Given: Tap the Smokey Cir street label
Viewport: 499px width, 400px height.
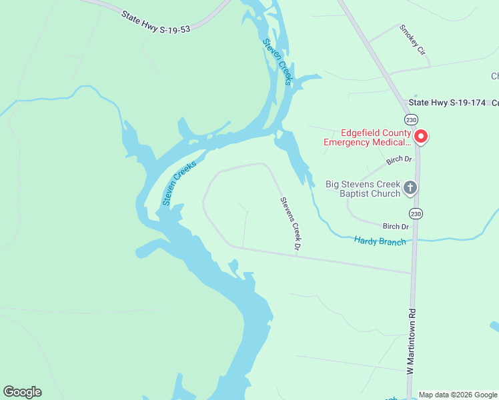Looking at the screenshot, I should coord(412,40).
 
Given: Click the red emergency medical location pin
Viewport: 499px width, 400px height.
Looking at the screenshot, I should coord(421,137).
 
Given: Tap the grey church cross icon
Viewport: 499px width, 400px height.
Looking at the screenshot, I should coord(410,187).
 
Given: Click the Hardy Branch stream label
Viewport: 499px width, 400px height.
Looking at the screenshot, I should coord(380,241).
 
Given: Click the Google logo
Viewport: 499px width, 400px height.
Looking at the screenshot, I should coord(22,392).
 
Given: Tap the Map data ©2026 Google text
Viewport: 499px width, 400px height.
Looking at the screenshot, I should coord(458,395).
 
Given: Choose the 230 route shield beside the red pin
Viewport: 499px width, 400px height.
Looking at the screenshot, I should coord(412,119).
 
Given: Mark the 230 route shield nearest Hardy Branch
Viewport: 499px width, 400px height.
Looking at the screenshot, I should coord(416,213).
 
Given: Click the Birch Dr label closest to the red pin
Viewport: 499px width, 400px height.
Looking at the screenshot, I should coord(400,161).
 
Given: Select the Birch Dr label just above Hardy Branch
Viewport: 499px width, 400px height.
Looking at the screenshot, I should coord(396,227).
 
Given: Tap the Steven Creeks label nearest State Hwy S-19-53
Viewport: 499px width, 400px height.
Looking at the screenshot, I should coord(277,62).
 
